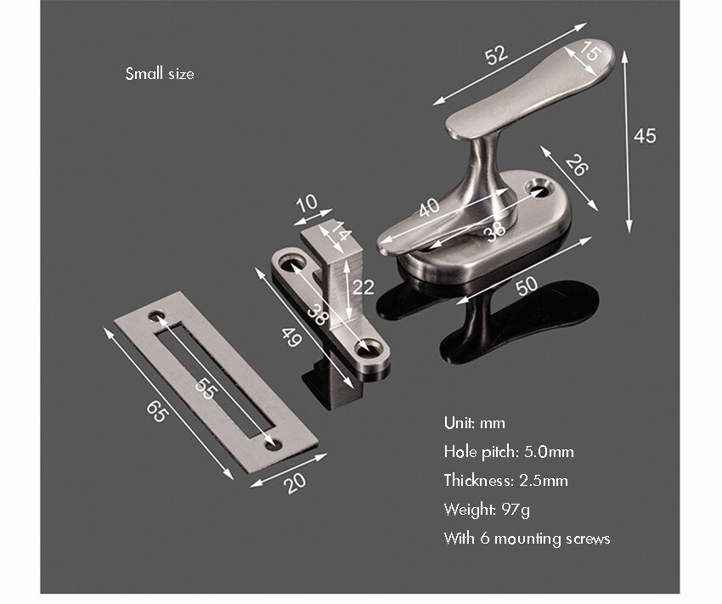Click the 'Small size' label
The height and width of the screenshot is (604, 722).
[160, 74]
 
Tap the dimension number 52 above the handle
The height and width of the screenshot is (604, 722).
[496, 54]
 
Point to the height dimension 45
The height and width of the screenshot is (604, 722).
[646, 135]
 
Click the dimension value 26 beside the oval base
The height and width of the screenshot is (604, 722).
[576, 166]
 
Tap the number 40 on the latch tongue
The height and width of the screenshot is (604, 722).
[430, 206]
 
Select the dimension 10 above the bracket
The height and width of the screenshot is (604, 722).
[307, 203]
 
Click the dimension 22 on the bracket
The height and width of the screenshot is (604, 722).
[364, 287]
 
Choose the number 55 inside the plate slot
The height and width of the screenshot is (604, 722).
[204, 387]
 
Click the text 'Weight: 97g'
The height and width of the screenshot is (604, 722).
[488, 510]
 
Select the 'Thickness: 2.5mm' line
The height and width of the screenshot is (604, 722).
[505, 481]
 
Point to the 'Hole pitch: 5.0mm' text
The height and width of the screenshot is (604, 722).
[508, 452]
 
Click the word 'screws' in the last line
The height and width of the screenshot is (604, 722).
[587, 539]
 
